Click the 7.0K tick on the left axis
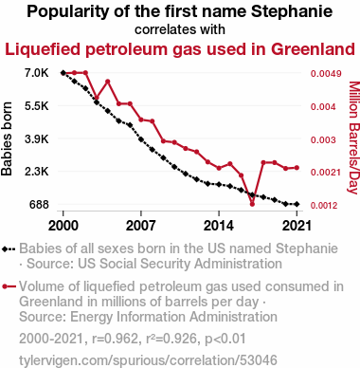coord(37,73)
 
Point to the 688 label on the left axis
coord(39,205)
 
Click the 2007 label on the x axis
coord(141,226)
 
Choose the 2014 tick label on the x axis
coord(219,226)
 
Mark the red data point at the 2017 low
coord(252,204)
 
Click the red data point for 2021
coord(297,168)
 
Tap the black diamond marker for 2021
coord(297,204)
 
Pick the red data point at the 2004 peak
coord(108,82)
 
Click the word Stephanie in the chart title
coord(292,12)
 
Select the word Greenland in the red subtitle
coord(313,49)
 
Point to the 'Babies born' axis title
coord(7,138)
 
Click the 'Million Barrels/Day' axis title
coord(353,138)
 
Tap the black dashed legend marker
coord(9,249)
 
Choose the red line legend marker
coord(9,286)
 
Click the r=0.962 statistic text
coord(115,339)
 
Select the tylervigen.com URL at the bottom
coord(148,360)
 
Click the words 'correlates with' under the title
coord(180,29)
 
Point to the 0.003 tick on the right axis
coord(323,140)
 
